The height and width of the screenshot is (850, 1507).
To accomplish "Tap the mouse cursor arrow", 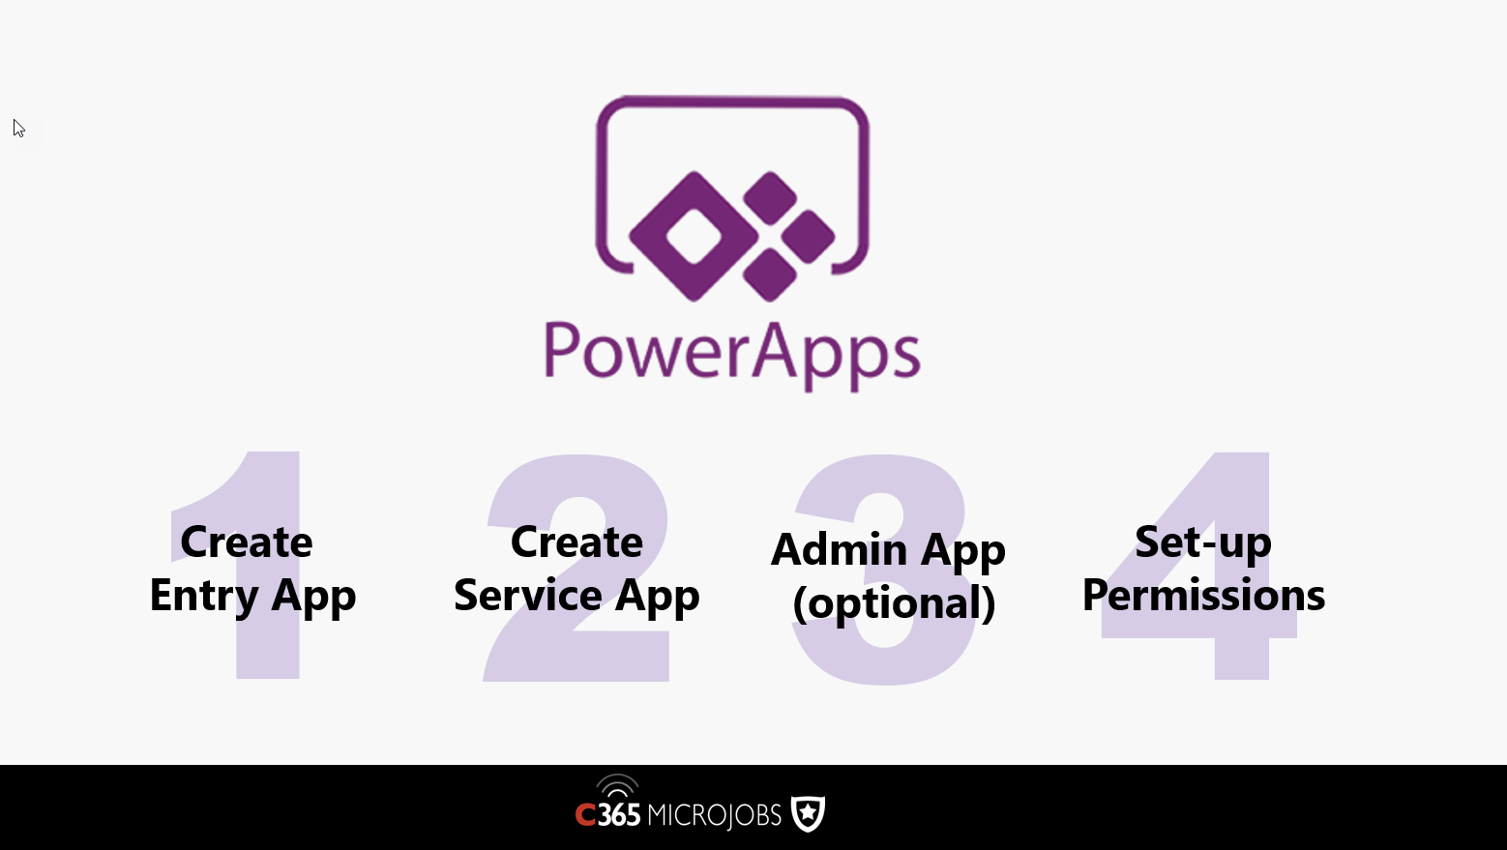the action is (18, 129).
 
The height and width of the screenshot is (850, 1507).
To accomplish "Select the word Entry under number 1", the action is (204, 597).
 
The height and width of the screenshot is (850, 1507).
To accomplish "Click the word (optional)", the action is (894, 602).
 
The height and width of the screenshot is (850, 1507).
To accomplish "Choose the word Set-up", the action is (1203, 542).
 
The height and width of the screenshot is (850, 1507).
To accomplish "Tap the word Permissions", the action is (1203, 595).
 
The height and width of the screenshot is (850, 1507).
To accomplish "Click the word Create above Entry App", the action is (247, 542).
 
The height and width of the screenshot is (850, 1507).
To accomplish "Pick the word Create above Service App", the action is (576, 542).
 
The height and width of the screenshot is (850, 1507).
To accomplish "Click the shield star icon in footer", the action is (808, 813).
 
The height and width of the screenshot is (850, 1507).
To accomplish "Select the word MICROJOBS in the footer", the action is (714, 815).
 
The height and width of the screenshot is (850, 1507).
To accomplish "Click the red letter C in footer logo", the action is (585, 816).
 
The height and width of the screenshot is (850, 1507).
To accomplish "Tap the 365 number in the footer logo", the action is (619, 815).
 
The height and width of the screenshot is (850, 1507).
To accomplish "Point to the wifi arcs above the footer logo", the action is (617, 785).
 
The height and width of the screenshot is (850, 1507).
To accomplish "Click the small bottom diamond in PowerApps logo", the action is (770, 275).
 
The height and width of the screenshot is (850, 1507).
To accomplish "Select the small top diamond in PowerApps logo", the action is (770, 198).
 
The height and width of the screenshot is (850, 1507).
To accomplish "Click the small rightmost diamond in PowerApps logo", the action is (808, 237).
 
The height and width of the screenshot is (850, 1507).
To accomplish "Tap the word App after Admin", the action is (962, 552).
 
